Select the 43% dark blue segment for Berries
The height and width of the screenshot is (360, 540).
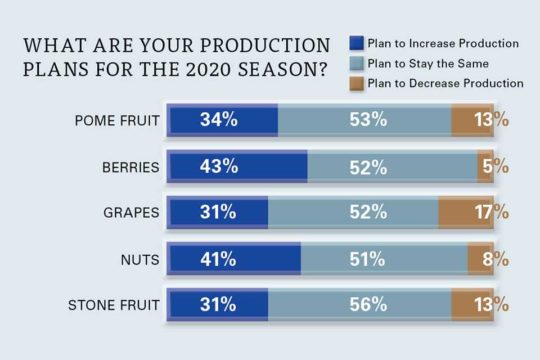pyautogui.click(x=238, y=166)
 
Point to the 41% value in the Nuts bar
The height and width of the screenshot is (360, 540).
pyautogui.click(x=217, y=258)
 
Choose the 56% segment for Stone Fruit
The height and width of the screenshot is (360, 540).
pyautogui.click(x=368, y=304)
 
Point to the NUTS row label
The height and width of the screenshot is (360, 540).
pyautogui.click(x=138, y=258)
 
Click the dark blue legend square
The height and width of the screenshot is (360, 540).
pyautogui.click(x=355, y=43)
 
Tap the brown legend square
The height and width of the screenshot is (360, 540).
pyautogui.click(x=355, y=83)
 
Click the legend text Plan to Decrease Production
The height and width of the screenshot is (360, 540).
pyautogui.click(x=444, y=83)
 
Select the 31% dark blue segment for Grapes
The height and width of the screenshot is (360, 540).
pyautogui.click(x=218, y=212)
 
